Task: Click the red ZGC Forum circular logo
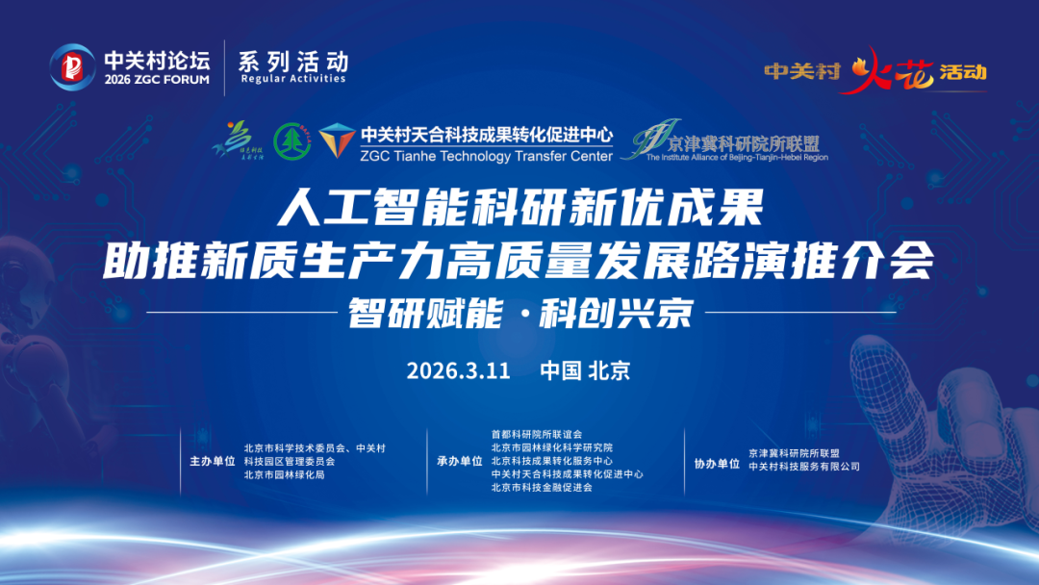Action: pos(73,66)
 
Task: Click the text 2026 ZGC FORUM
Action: pos(157,80)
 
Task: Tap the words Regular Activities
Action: pos(293,79)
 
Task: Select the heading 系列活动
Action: pos(293,61)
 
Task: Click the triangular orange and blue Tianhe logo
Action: pos(337,141)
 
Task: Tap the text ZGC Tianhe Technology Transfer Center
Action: pos(487,156)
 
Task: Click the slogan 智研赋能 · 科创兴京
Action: pos(520,313)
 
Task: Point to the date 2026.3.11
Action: pos(458,370)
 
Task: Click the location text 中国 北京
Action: pos(585,370)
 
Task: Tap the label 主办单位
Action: pos(212,461)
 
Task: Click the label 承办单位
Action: pos(460,461)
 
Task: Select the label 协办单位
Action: pos(717,463)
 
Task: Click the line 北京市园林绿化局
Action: pos(285,474)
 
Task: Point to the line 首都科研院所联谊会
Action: pos(537,434)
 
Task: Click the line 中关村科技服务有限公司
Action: pos(803,467)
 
